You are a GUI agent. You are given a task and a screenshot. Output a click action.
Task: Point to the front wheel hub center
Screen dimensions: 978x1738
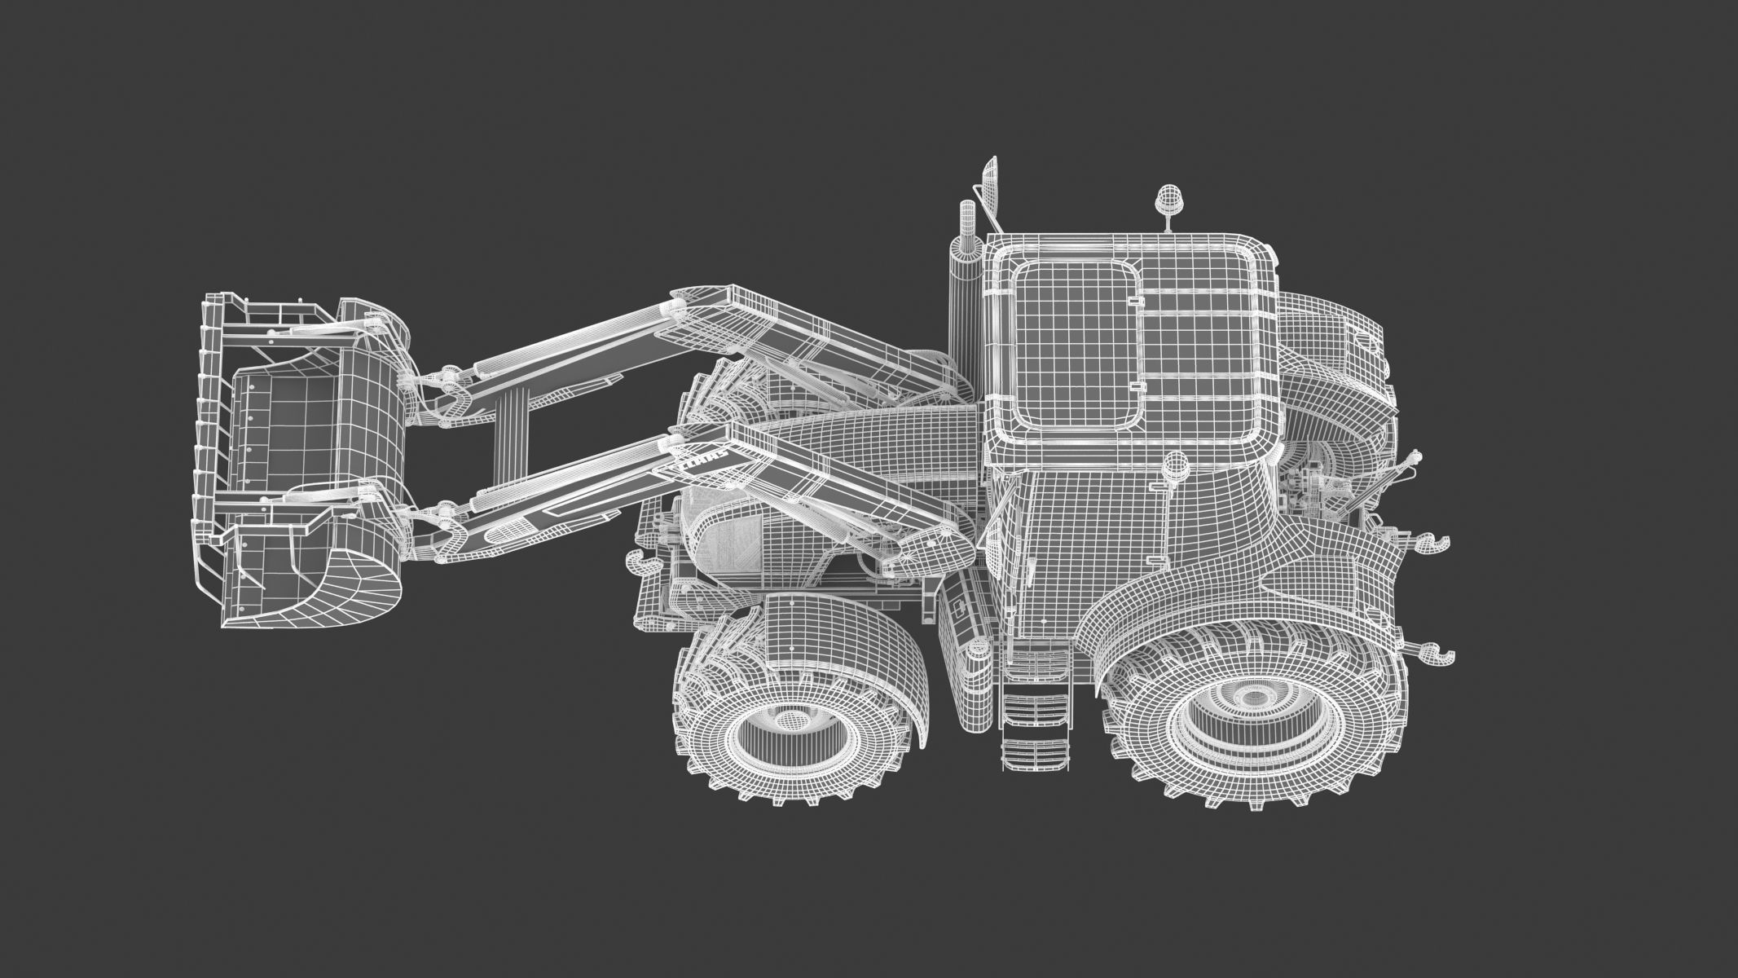pyautogui.click(x=785, y=720)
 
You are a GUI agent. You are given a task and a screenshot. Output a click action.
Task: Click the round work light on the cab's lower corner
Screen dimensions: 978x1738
pyautogui.click(x=1175, y=465)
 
